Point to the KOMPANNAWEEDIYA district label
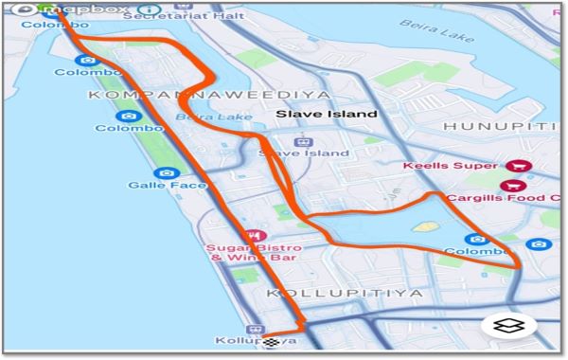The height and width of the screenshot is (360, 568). (209, 95)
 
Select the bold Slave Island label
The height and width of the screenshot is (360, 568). (327, 114)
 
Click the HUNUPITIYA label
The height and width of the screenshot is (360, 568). (503, 126)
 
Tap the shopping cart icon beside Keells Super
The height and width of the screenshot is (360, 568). (520, 166)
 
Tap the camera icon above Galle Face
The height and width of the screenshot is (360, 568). (167, 173)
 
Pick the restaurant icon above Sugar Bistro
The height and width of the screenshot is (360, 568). (254, 234)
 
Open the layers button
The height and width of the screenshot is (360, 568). (509, 325)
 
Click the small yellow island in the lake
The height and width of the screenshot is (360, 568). (428, 227)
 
